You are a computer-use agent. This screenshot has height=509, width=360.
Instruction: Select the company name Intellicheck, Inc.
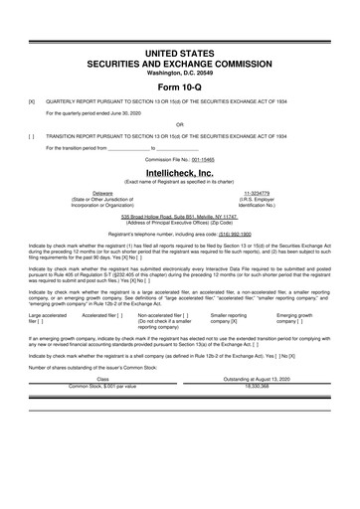179,172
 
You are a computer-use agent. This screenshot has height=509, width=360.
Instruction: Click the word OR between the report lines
179,124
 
